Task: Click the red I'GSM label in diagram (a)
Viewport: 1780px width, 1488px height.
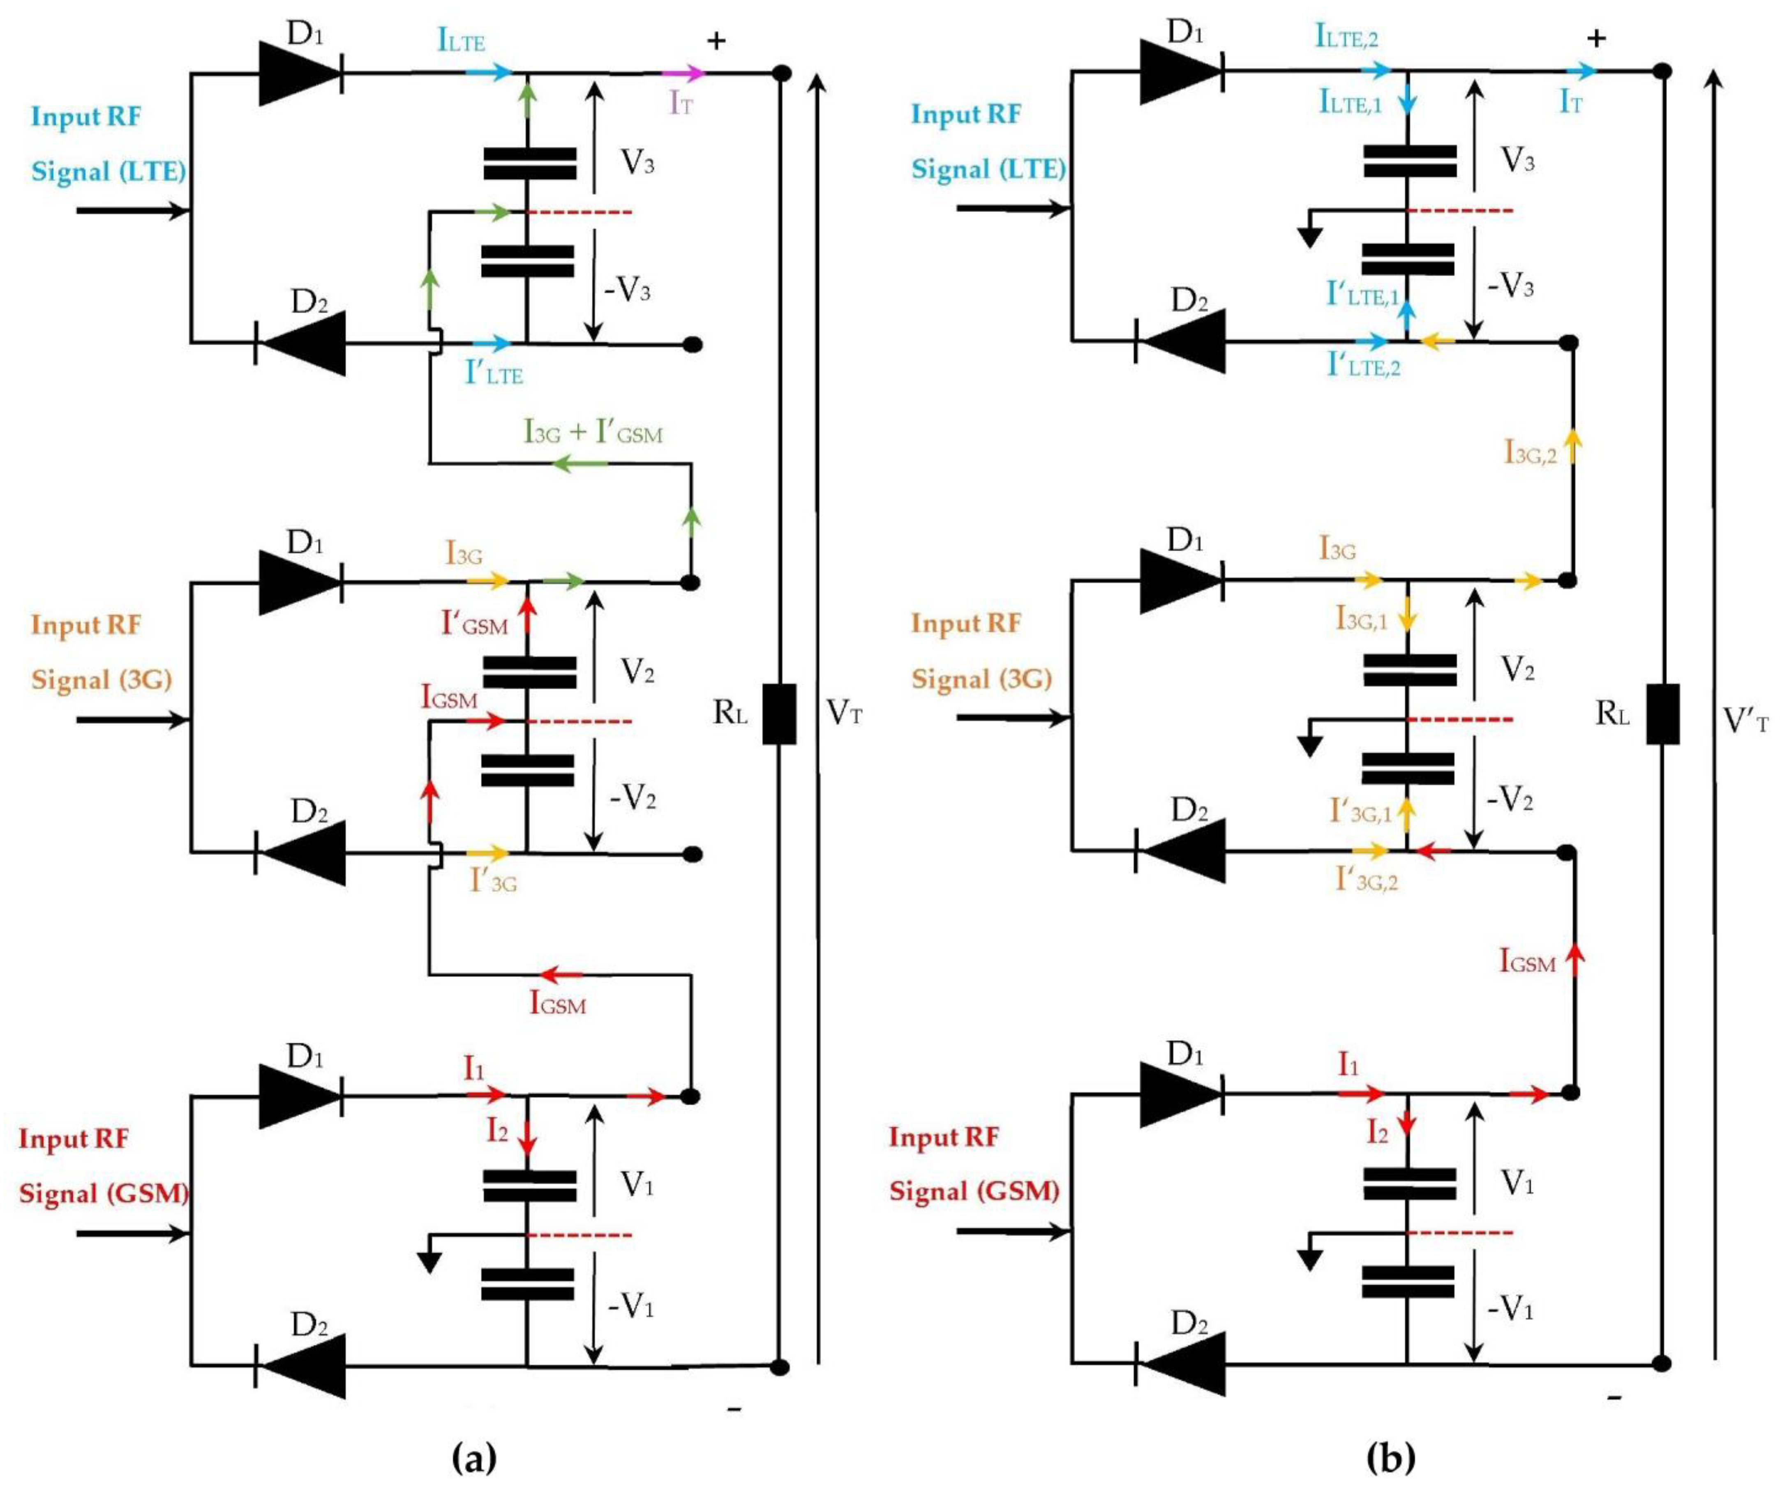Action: pos(474,624)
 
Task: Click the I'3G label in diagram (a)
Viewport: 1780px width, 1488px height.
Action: pos(493,882)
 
